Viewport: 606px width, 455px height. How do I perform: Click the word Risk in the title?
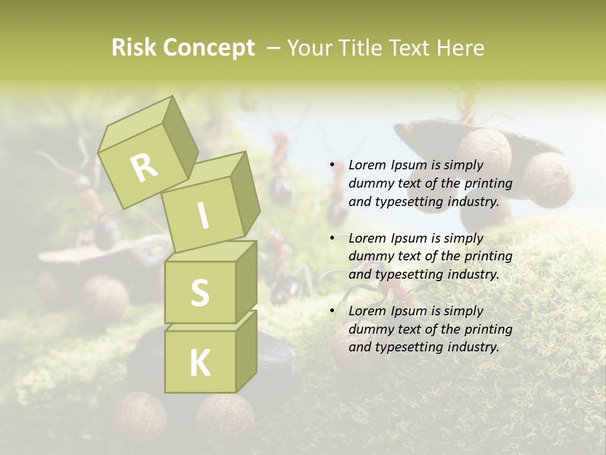click(x=133, y=48)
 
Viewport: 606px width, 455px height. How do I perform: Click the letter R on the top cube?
click(x=144, y=167)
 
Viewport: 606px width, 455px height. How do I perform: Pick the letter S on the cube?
click(x=199, y=293)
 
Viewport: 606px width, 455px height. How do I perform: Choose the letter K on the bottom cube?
click(x=199, y=363)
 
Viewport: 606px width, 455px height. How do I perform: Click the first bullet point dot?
click(x=333, y=166)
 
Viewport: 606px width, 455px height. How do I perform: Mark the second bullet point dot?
click(x=333, y=239)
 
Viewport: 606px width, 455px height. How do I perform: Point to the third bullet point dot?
click(x=333, y=312)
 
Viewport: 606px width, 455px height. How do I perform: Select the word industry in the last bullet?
click(x=473, y=347)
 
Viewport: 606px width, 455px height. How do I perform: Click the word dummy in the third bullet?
click(x=369, y=329)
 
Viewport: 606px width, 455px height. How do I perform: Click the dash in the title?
click(x=273, y=48)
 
